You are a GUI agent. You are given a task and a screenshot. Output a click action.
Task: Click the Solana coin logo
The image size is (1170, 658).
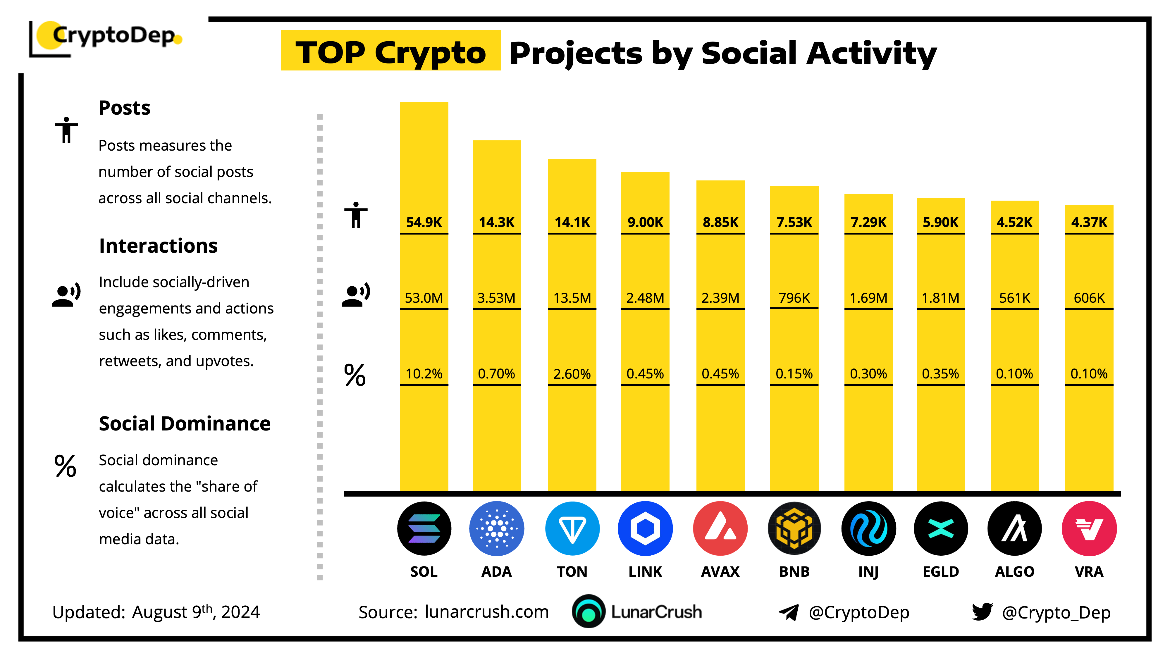click(424, 528)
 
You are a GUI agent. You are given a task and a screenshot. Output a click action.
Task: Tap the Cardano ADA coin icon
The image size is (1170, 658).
click(496, 528)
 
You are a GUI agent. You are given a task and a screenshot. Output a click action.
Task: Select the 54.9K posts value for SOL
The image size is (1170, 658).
click(424, 222)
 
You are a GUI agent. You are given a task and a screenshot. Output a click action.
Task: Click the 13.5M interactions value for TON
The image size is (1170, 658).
click(572, 298)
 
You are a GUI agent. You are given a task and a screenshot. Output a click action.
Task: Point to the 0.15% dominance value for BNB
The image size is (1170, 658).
click(794, 374)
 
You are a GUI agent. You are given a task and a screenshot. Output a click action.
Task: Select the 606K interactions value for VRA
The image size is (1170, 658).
click(1089, 298)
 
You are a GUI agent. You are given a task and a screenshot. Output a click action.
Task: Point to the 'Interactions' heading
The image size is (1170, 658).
click(158, 246)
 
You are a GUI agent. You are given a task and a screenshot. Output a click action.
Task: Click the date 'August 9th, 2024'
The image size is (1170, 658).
click(196, 612)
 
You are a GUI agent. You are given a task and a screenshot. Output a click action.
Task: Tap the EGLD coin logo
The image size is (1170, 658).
click(941, 528)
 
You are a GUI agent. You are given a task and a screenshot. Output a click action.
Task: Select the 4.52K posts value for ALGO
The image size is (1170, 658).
click(1014, 222)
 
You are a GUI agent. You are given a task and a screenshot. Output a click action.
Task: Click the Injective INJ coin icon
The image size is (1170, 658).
click(868, 528)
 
